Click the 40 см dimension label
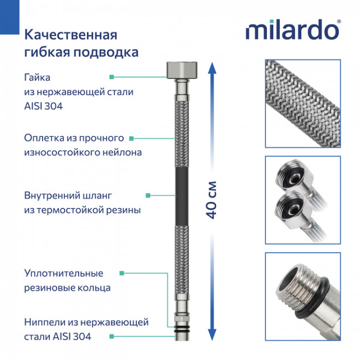coord(213,199)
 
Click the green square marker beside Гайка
coord(112,77)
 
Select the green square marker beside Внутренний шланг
coord(147,196)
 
